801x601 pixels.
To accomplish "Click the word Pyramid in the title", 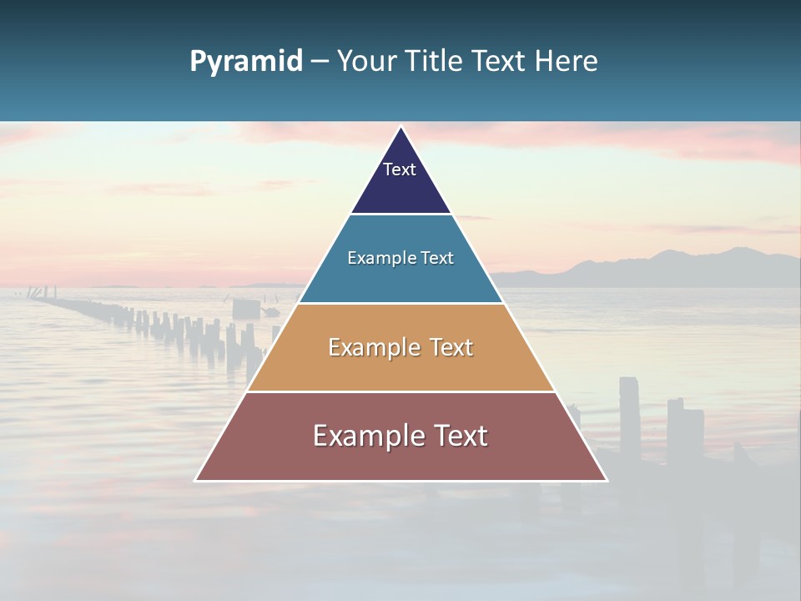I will [245, 62].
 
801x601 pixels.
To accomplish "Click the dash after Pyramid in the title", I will [320, 62].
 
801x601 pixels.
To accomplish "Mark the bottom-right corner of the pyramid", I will [606, 480].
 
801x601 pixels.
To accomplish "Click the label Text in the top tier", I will [400, 169].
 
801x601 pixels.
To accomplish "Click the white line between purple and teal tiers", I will [400, 215].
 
